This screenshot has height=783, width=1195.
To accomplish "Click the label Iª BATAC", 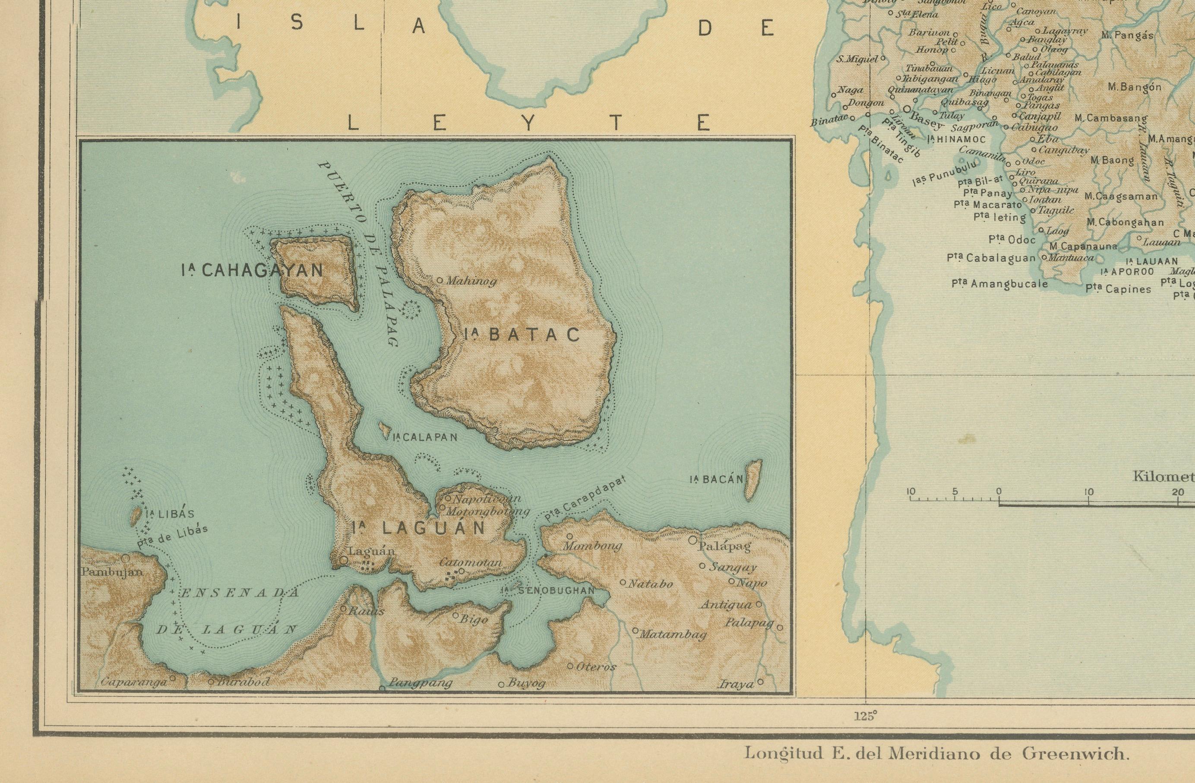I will (x=522, y=335).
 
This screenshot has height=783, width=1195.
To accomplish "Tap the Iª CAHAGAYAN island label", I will (x=253, y=271).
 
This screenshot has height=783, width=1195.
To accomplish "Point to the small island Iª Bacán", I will (x=752, y=480).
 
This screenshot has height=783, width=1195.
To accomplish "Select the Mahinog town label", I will (x=471, y=281).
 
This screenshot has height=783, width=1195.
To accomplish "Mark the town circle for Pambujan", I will (x=125, y=558).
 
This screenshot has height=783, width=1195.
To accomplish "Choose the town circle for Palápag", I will (x=692, y=540).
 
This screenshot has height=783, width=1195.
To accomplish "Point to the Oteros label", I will (x=596, y=667).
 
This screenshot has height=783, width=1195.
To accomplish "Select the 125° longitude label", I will (x=865, y=716).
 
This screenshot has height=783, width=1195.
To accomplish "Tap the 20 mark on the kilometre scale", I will (x=1177, y=492).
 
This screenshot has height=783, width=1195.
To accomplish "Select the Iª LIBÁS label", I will (x=169, y=514).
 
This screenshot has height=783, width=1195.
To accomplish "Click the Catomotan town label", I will (x=471, y=563).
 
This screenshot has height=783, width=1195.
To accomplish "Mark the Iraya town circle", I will (x=760, y=682).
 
